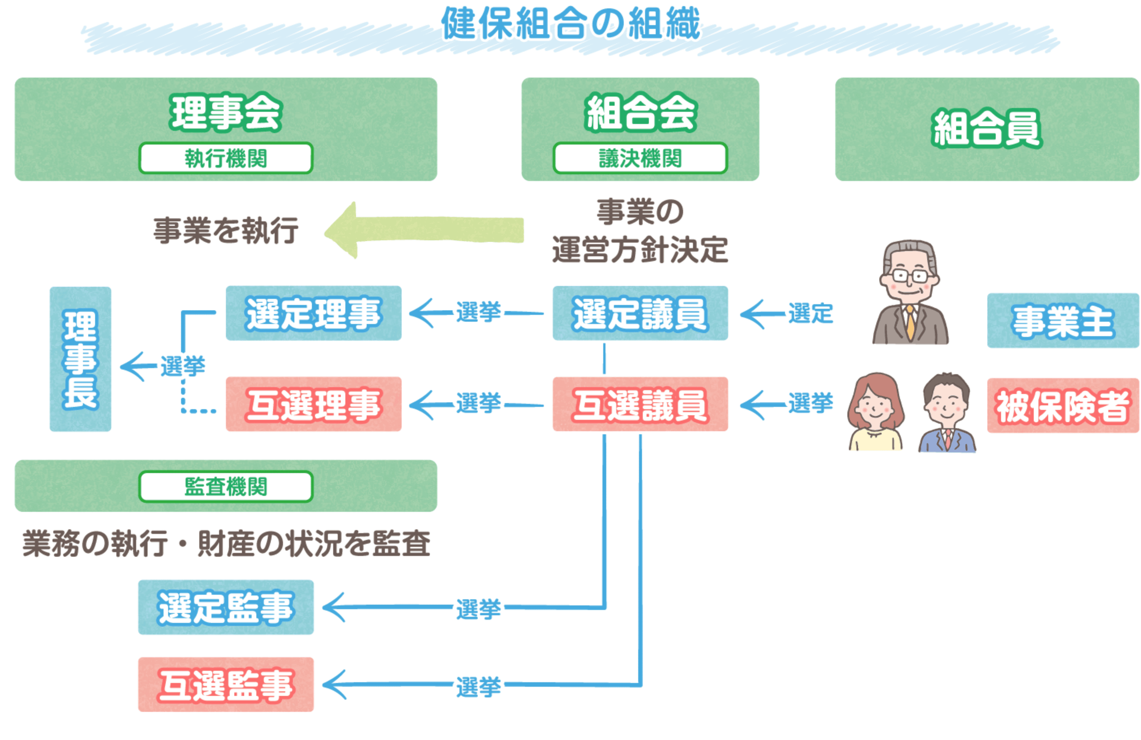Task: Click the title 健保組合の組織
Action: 570,24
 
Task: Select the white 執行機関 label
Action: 226,158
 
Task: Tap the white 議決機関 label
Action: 640,158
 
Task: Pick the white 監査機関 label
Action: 226,486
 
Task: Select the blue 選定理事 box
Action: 313,313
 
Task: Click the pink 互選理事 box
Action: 313,404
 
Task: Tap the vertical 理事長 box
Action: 81,359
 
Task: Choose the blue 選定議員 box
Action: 640,313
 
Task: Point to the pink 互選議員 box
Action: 640,404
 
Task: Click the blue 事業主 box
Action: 1063,321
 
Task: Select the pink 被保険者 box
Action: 1063,405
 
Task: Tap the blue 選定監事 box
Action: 226,607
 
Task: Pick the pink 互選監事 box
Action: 226,684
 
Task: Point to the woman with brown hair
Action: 876,412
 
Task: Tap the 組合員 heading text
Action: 987,129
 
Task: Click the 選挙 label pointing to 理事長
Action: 183,367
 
